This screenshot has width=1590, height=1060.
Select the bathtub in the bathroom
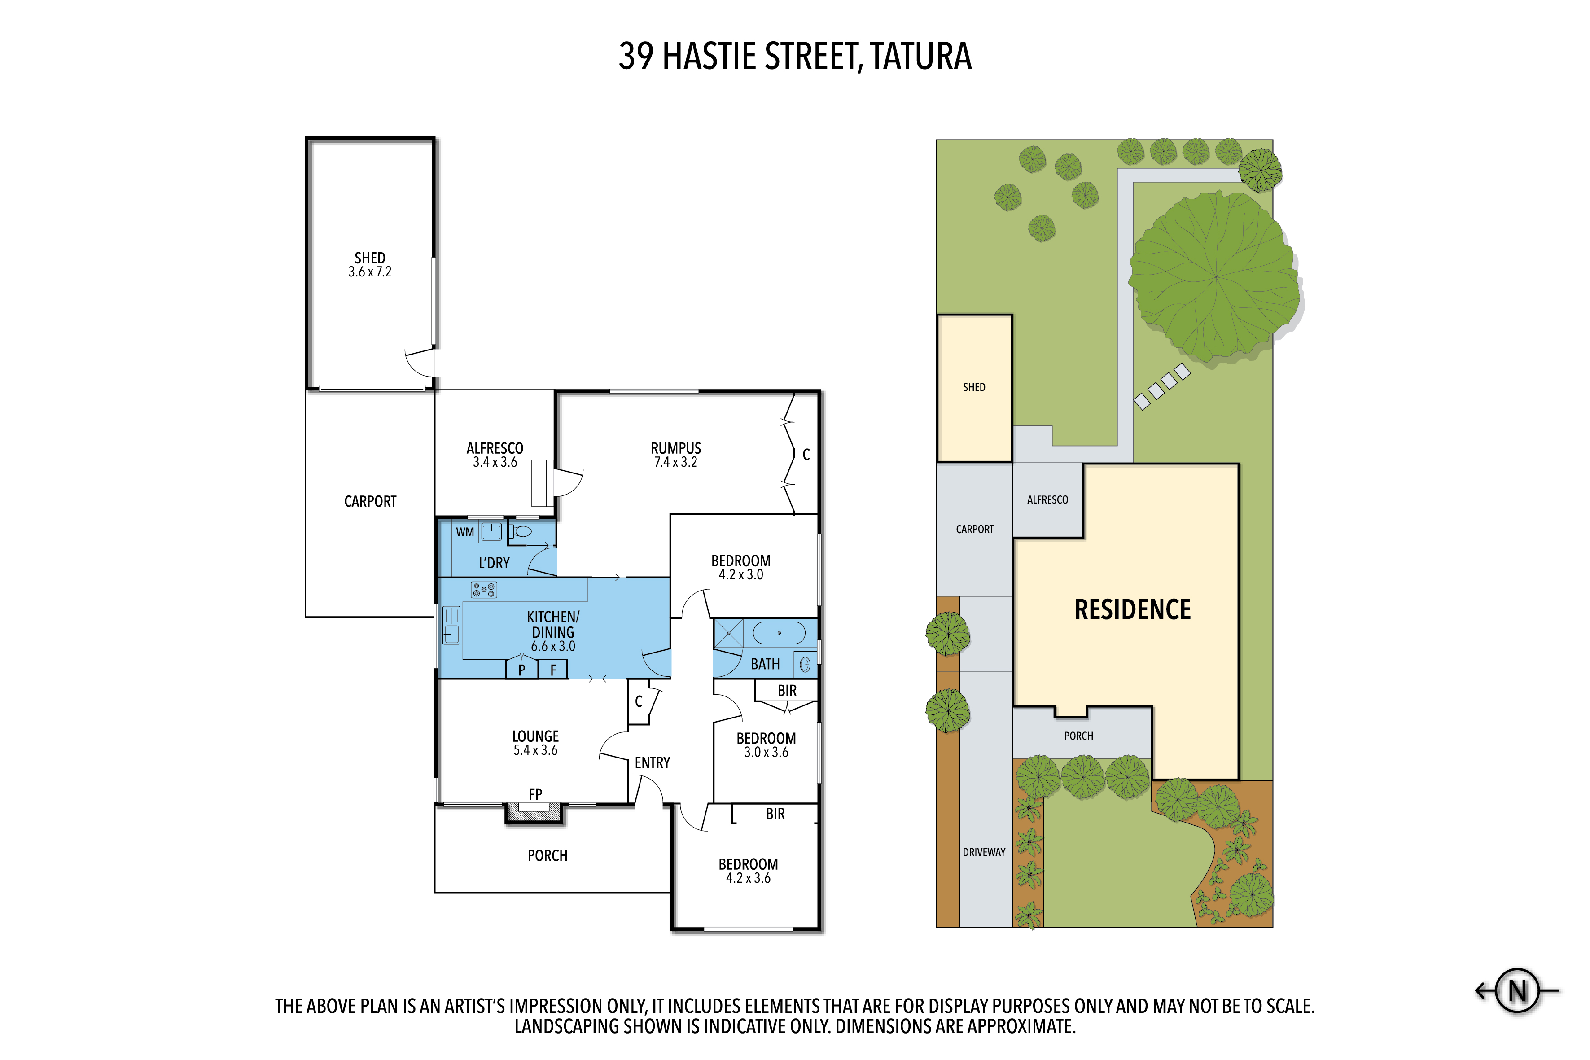tap(779, 633)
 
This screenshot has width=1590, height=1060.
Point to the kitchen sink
tap(451, 625)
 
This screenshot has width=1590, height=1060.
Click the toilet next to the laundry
tap(521, 531)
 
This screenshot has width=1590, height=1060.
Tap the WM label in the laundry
tap(464, 532)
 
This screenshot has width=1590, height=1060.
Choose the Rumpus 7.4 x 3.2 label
tap(675, 455)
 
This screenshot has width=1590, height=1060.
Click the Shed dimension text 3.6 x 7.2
tap(370, 272)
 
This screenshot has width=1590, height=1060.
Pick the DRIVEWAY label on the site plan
tap(984, 853)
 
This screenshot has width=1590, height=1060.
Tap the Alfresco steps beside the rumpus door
tap(542, 483)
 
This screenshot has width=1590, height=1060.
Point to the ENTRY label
tap(653, 762)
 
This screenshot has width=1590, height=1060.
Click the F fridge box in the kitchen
tap(553, 669)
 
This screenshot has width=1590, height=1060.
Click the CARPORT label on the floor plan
tap(370, 502)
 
